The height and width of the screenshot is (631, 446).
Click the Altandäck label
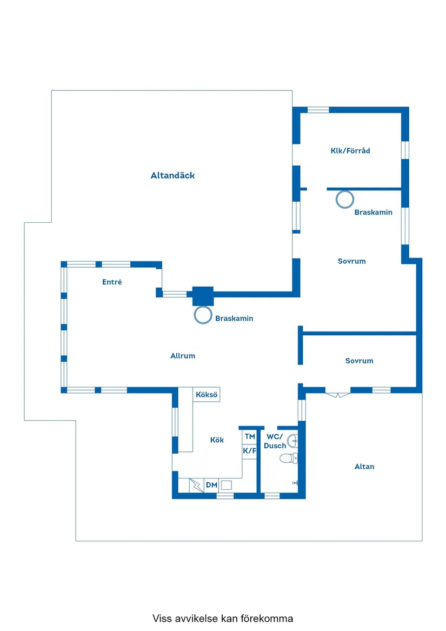click(x=172, y=175)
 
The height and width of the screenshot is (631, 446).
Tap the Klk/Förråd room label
click(x=350, y=150)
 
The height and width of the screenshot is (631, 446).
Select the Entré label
click(x=112, y=282)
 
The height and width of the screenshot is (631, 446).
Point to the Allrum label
click(x=183, y=356)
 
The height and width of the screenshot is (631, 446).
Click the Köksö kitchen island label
click(x=207, y=394)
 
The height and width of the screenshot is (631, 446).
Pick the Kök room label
click(x=217, y=440)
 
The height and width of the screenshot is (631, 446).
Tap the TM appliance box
click(x=250, y=437)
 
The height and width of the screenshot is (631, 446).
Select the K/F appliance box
click(x=250, y=451)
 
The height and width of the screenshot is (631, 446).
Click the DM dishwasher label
click(x=211, y=485)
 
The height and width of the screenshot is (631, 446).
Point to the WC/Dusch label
click(x=275, y=441)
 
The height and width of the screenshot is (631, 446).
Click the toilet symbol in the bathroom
click(x=288, y=457)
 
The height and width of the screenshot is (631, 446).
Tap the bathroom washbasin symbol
click(x=292, y=441)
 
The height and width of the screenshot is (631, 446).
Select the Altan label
click(x=364, y=467)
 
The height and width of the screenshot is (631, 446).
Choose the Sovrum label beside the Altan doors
click(x=359, y=361)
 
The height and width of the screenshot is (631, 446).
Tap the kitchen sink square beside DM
click(x=226, y=485)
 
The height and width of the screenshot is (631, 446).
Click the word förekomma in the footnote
click(x=267, y=618)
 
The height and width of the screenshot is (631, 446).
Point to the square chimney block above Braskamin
click(x=203, y=296)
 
